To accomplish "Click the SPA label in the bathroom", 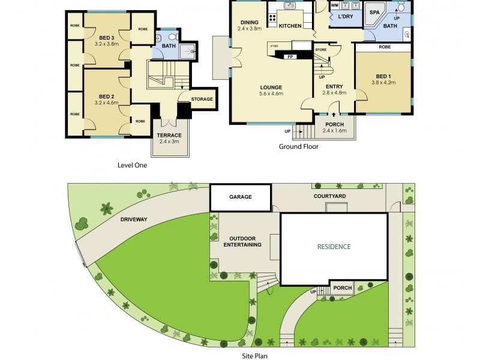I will pos(374,12).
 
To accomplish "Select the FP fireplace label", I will pos(291,57).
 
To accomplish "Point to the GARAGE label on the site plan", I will pos(241,197).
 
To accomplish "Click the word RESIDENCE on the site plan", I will pos(334,247).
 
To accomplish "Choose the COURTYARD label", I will pos(329,196).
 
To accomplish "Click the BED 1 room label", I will pos(383,76).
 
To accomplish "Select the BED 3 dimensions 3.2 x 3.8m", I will pos(107,44).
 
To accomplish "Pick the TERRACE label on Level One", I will pos(170,136).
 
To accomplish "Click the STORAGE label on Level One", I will pos(202,99).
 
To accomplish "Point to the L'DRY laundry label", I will pos(345,17).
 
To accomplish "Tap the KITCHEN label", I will pos(290,26).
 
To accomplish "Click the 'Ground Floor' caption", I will pos(298,146).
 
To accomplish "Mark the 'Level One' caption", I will pos(132,165).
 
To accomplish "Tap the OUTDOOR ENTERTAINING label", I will pos(242,241).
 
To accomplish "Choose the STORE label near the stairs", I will pos(320,49).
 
